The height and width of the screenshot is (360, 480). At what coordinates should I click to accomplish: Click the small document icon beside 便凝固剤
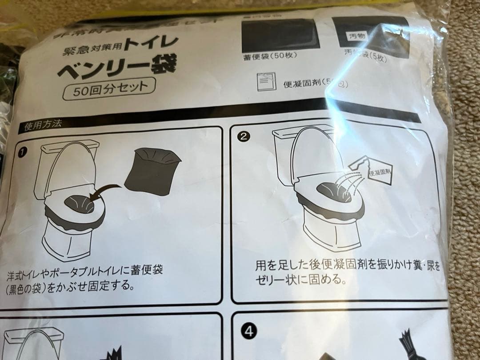pos(264,81)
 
